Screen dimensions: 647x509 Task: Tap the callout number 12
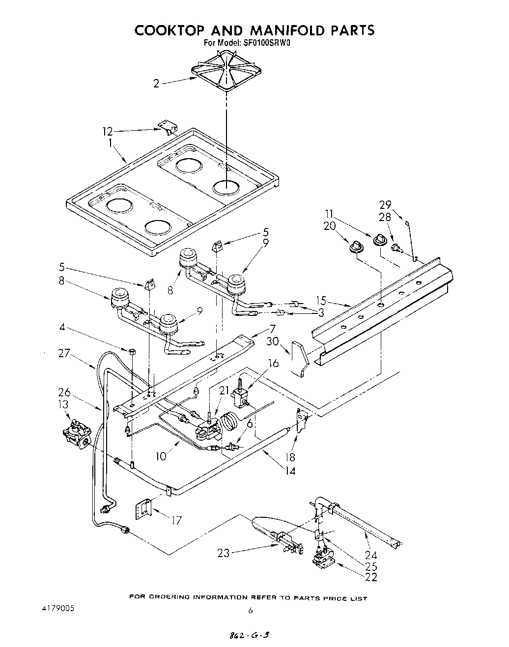tap(108, 132)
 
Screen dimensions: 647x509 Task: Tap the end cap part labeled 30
tap(298, 358)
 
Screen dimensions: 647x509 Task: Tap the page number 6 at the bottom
tap(250, 611)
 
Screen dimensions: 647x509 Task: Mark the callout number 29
tap(385, 204)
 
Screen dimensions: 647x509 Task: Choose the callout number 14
tap(291, 471)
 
